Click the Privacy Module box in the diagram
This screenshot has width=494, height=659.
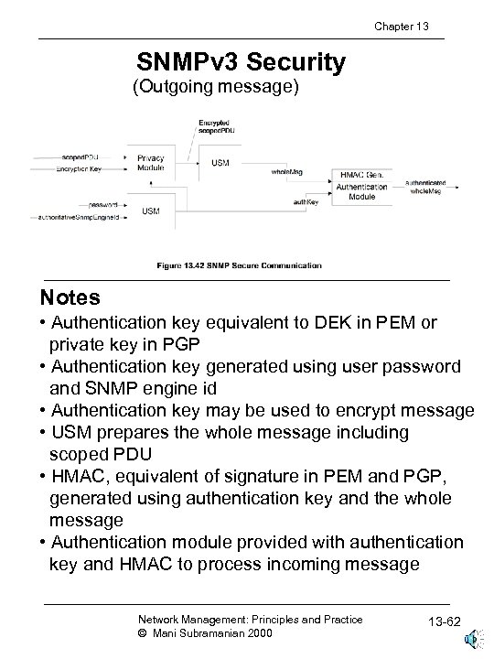[151, 164]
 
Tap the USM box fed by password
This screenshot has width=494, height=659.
[150, 211]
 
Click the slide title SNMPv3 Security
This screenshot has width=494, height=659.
[241, 62]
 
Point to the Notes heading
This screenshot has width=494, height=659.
[70, 298]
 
